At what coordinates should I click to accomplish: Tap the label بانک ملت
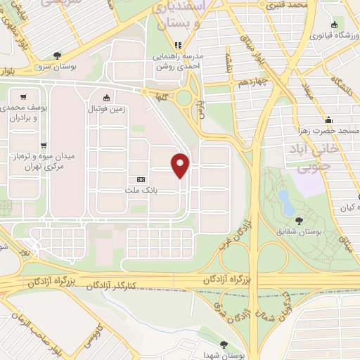pos(143,190)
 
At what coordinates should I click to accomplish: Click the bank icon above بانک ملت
pos(143,179)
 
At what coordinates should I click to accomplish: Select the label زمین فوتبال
pos(106,110)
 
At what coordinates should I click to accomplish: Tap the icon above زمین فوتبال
pos(106,98)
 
